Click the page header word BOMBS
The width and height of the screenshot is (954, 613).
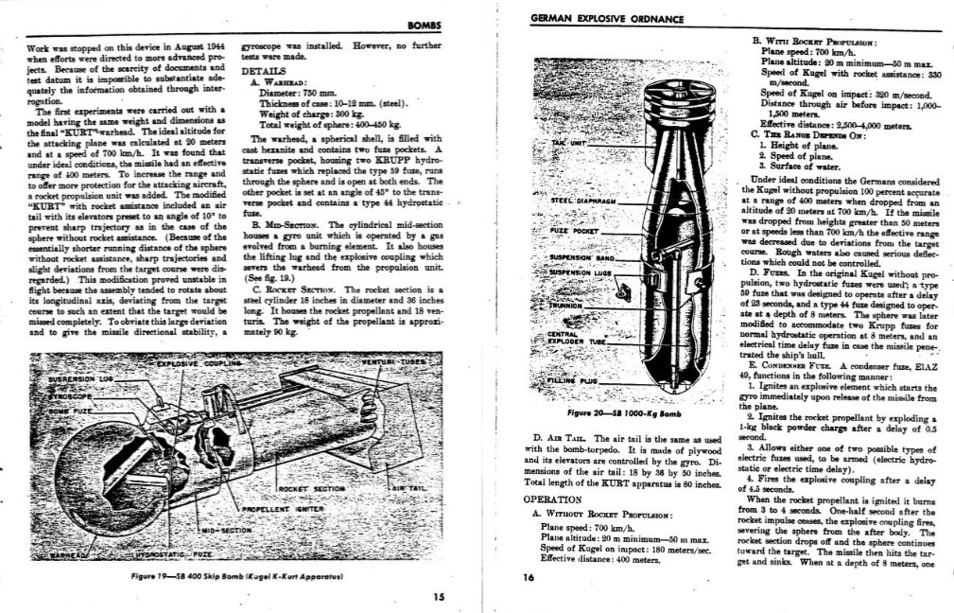[424, 24]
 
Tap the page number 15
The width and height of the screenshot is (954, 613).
[438, 596]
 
